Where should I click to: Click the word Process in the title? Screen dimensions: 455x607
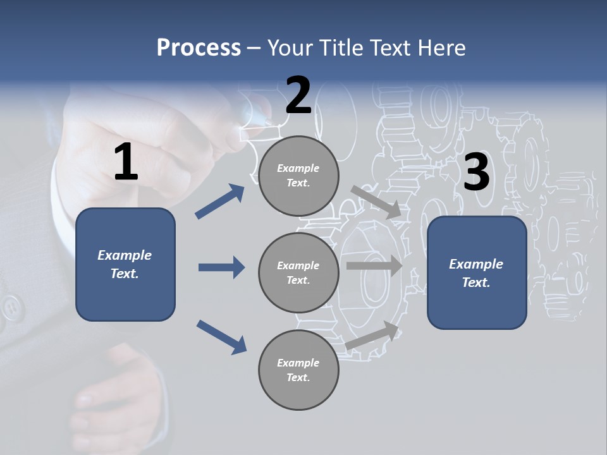tap(199, 48)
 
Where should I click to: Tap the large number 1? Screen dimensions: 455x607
tap(126, 162)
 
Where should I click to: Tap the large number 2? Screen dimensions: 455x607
tap(298, 95)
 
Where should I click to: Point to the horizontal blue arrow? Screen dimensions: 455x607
tap(221, 267)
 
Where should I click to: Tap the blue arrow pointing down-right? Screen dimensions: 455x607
tap(221, 336)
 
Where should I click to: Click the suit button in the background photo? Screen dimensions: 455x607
tap(11, 308)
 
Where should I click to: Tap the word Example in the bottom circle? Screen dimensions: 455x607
tap(298, 363)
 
